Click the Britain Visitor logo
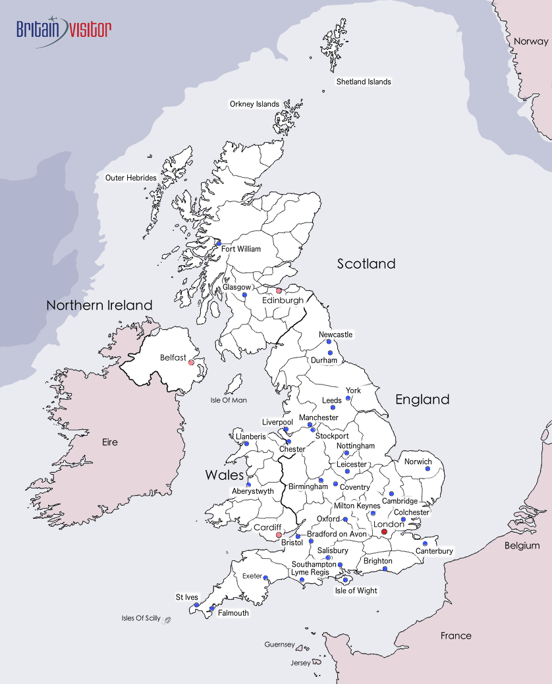click(x=64, y=29)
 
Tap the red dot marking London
click(x=385, y=532)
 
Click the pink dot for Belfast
click(x=191, y=362)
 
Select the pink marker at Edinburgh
click(x=279, y=290)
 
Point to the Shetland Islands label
click(x=364, y=82)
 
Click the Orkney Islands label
click(x=254, y=104)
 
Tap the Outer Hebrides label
click(x=131, y=178)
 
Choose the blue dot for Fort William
click(x=219, y=244)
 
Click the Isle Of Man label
click(x=229, y=400)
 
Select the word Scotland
click(x=366, y=264)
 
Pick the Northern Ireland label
click(x=99, y=305)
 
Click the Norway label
click(x=531, y=41)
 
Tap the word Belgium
click(x=522, y=545)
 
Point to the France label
click(x=456, y=635)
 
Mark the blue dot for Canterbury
click(x=425, y=543)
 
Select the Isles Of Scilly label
click(x=141, y=618)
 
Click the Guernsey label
click(x=279, y=644)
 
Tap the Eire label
click(x=110, y=442)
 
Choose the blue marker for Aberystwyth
click(x=248, y=485)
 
